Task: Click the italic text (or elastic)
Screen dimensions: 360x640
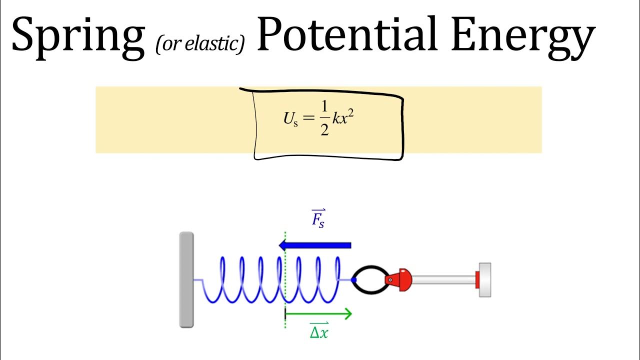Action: click(x=199, y=44)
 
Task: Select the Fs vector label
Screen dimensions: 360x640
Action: click(x=318, y=218)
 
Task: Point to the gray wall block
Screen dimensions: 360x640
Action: click(x=186, y=279)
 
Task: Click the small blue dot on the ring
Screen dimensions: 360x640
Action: click(x=353, y=280)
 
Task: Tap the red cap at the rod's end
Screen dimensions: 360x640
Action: click(x=477, y=279)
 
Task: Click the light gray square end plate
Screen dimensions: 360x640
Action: click(x=485, y=279)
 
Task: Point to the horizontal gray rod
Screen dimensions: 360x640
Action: click(x=442, y=279)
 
